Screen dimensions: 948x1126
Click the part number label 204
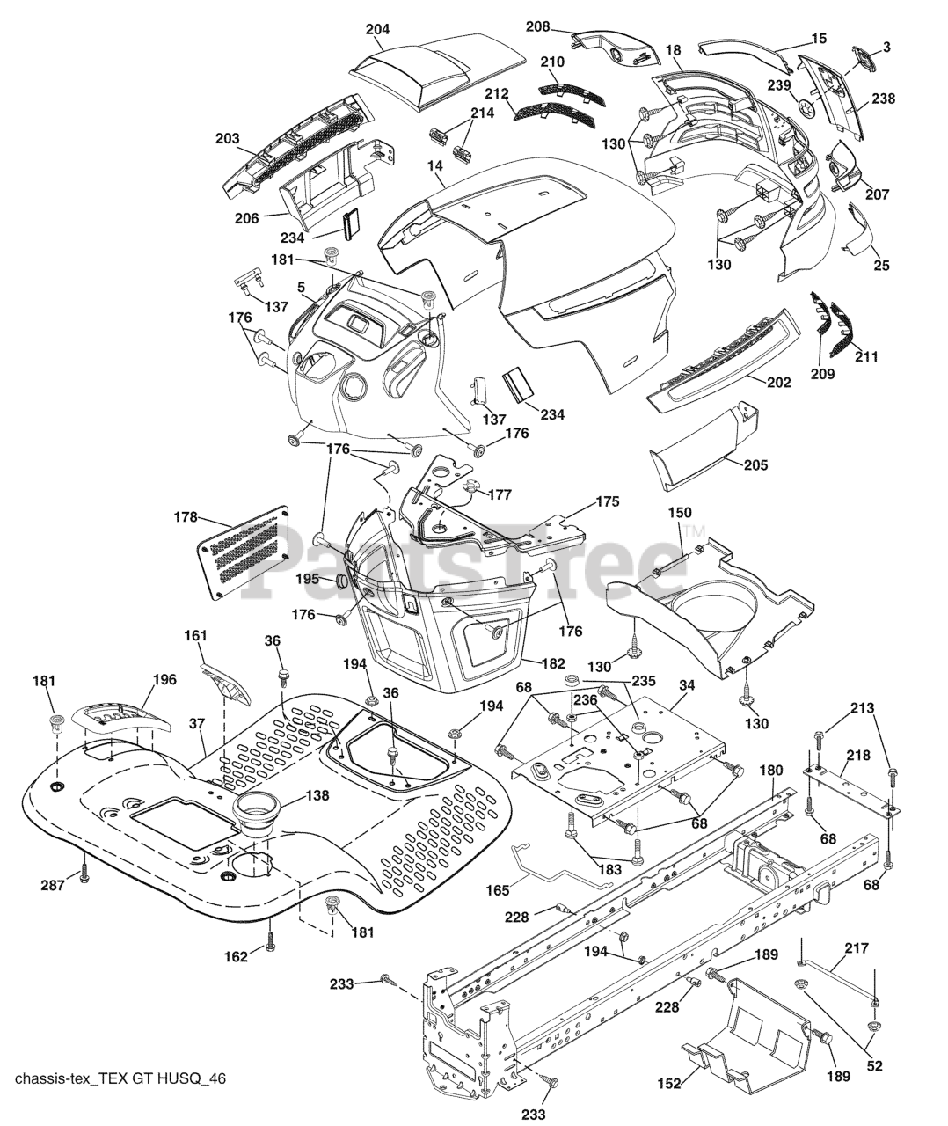pyautogui.click(x=377, y=29)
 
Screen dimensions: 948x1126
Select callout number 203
pyautogui.click(x=228, y=139)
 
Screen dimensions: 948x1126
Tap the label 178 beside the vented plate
pyautogui.click(x=186, y=516)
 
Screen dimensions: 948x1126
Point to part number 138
pyautogui.click(x=317, y=795)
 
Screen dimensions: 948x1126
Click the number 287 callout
pyautogui.click(x=53, y=885)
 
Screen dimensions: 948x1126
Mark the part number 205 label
pyautogui.click(x=755, y=464)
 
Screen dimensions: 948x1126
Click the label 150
pyautogui.click(x=680, y=512)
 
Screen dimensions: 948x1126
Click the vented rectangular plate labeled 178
pyautogui.click(x=244, y=552)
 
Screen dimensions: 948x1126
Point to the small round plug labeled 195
pyautogui.click(x=342, y=581)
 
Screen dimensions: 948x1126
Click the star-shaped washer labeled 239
pyautogui.click(x=807, y=106)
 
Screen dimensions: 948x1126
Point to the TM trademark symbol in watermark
pyautogui.click(x=694, y=532)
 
